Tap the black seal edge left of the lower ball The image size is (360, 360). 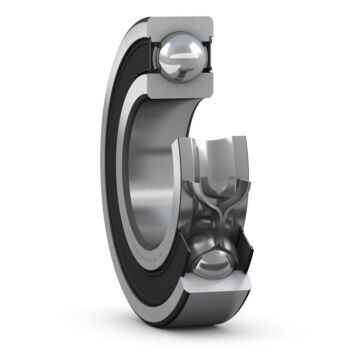pyautogui.click(x=181, y=280)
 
